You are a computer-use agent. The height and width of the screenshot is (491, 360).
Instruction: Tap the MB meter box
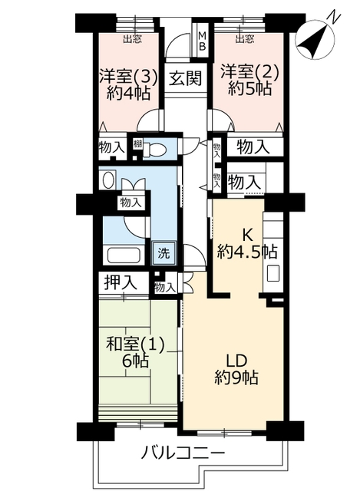point(203,41)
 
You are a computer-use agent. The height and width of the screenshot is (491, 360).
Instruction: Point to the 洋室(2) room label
point(249,72)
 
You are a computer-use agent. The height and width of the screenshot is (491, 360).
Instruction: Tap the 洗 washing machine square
point(163,252)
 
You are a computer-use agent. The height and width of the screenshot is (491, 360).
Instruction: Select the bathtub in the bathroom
point(123,255)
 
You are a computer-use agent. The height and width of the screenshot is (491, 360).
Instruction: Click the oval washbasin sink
point(108,180)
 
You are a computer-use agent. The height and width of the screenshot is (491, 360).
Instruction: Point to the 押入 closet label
point(121,282)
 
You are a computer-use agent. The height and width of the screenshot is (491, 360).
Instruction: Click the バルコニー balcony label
point(183,452)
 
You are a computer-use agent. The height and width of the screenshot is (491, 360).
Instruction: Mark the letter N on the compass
point(334,16)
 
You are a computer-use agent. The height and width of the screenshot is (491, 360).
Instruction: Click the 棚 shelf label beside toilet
point(137,144)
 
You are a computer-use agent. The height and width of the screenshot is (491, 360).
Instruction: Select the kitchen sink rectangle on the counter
point(273,273)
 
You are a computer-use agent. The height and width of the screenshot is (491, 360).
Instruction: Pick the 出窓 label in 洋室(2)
point(245,39)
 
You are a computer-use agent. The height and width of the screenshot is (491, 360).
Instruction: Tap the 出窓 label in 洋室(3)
point(132,39)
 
